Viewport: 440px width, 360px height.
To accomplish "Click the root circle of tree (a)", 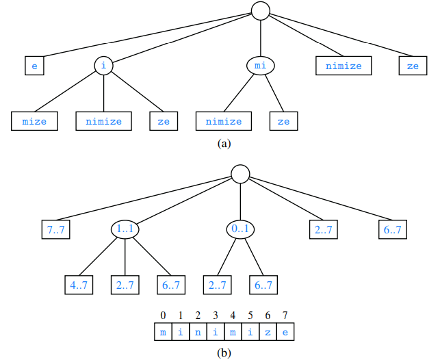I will pos(261,10).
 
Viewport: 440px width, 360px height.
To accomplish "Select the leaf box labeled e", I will pos(34,66).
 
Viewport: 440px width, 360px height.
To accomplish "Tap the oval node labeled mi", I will pos(260,66).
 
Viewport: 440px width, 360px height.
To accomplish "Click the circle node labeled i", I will pos(103,66).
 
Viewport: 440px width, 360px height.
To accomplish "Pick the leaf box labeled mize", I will pos(34,121).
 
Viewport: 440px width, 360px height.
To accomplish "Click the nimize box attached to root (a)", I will pos(344,66).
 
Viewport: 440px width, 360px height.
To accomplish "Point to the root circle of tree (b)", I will pos(240,174).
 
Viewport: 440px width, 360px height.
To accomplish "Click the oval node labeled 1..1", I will pos(125,229).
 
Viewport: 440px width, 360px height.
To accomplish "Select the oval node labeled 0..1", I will pos(240,229).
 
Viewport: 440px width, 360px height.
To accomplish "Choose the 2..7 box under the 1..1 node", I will pos(125,284).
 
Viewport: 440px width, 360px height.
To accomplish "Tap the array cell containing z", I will pos(268,333).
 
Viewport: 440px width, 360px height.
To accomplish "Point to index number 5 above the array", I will pos(250,316).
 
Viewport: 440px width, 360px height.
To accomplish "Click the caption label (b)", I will pos(224,353).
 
